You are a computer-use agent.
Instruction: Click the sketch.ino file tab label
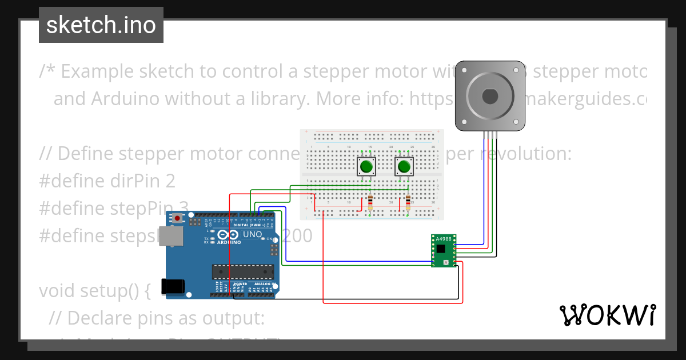click(101, 25)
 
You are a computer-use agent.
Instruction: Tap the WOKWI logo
click(607, 315)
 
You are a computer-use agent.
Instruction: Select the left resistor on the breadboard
click(370, 201)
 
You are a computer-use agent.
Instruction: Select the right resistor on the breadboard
click(408, 201)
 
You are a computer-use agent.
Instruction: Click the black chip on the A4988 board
click(440, 249)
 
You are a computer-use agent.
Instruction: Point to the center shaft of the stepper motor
click(490, 95)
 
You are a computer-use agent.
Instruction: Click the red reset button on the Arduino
click(178, 218)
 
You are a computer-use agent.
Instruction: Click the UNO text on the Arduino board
click(253, 235)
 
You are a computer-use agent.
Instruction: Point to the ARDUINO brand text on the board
click(229, 242)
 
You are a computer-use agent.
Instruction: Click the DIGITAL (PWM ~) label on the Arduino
click(252, 225)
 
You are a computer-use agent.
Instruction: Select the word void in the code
click(58, 291)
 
